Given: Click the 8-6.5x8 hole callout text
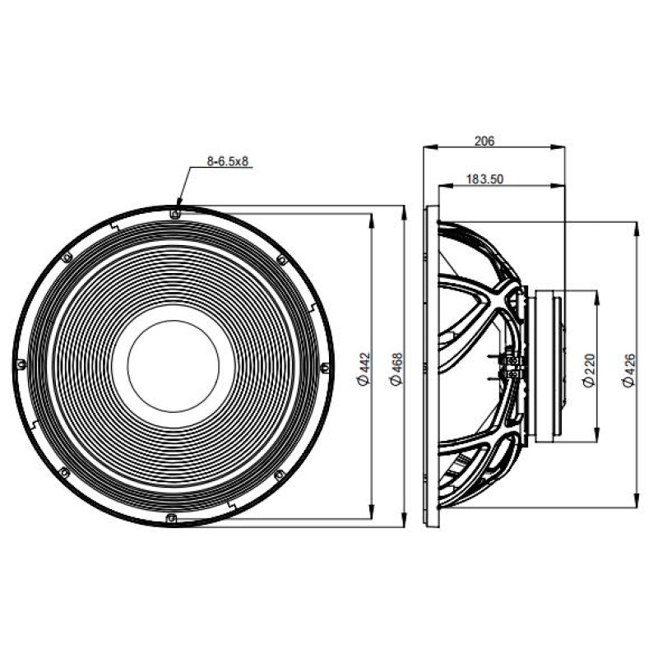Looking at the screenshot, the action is click(228, 161).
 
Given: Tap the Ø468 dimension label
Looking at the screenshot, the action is click(396, 368).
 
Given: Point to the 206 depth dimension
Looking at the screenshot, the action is click(484, 141).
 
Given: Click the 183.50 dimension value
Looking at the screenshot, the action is click(484, 179).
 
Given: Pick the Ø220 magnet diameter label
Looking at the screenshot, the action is click(590, 371).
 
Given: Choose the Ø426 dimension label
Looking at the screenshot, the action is click(629, 371).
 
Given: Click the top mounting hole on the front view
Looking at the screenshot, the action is click(175, 214).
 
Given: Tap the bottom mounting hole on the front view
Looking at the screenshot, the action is click(171, 518).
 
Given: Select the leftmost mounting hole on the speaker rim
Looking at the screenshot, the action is click(21, 364).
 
